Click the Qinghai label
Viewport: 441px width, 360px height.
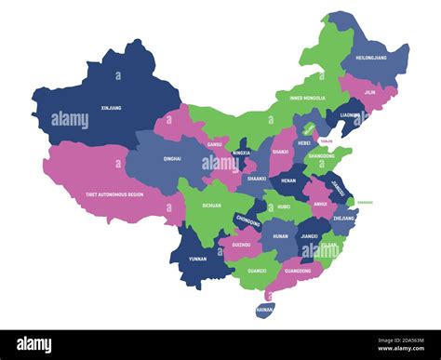pyautogui.click(x=172, y=158)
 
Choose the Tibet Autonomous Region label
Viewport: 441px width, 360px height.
pyautogui.click(x=114, y=194)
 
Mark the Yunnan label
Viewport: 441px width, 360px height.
pyautogui.click(x=198, y=260)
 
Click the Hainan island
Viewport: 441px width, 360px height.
pyautogui.click(x=265, y=307)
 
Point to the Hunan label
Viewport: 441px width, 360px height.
pyautogui.click(x=280, y=236)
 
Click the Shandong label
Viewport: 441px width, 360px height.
pyautogui.click(x=321, y=156)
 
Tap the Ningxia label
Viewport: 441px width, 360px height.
pyautogui.click(x=241, y=153)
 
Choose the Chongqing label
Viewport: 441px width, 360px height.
pyautogui.click(x=247, y=221)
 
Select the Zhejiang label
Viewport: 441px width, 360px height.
pyautogui.click(x=342, y=216)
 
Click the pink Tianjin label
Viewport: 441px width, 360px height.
pyautogui.click(x=325, y=141)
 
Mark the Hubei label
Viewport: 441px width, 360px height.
pyautogui.click(x=285, y=207)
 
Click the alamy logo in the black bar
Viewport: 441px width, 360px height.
pyautogui.click(x=35, y=345)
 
